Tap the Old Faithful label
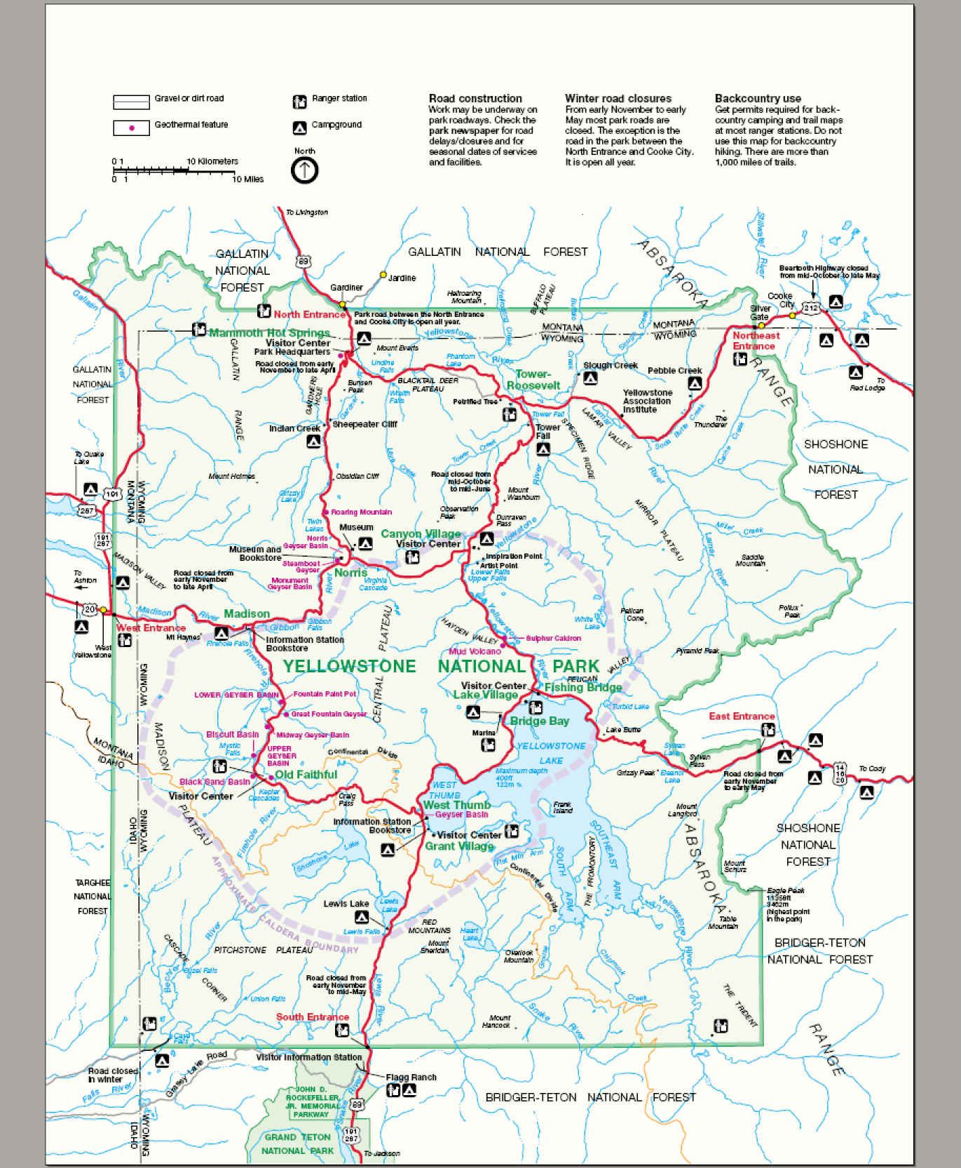coord(306,775)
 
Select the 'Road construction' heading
coord(475,99)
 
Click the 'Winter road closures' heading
coord(618,99)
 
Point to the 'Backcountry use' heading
coord(758,99)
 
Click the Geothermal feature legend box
coord(131,128)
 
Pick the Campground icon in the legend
coord(299,128)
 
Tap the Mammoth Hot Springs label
coord(269,333)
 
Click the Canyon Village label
coord(421,534)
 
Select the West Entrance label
coord(151,628)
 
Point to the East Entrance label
coord(742,716)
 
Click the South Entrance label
coord(312,1017)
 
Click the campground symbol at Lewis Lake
coord(362,917)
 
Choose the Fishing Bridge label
coord(583,687)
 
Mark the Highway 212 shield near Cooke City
coord(811,308)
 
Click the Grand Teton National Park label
coord(298,1143)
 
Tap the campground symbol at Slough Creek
coord(591,378)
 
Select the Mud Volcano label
coord(475,651)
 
